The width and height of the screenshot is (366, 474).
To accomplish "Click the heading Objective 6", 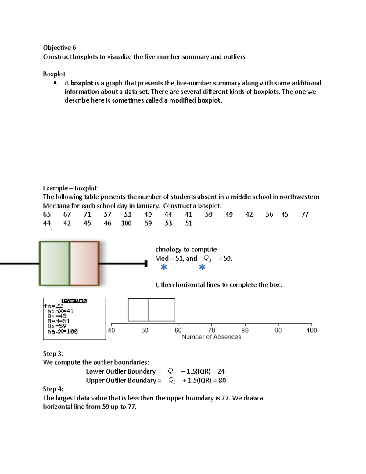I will (x=59, y=48).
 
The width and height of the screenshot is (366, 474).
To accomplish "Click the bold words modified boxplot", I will (x=195, y=100).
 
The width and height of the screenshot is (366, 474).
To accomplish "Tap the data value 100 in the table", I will (x=126, y=223).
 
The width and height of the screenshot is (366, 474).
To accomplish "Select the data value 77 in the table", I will (x=305, y=215).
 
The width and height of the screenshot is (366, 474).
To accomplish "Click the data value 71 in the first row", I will (x=87, y=215).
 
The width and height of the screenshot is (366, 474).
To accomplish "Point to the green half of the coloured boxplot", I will (x=55, y=263).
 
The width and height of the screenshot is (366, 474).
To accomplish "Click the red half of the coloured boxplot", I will (x=84, y=263).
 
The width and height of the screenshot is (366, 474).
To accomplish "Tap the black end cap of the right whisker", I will (x=146, y=264).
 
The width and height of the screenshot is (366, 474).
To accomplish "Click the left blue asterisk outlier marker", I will (x=164, y=267).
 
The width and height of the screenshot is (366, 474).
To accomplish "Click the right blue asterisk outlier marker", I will (x=202, y=267).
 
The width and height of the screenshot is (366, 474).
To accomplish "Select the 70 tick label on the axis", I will (x=211, y=330).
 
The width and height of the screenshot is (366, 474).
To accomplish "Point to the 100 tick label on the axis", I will (x=311, y=330).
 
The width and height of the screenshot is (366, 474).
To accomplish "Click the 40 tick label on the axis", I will (x=111, y=330).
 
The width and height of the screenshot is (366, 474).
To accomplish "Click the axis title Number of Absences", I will (x=211, y=337).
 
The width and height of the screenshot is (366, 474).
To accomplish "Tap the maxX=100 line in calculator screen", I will (x=63, y=331).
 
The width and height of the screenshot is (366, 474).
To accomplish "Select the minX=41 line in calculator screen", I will (x=60, y=311).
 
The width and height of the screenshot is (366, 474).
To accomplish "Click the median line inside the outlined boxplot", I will (x=148, y=310).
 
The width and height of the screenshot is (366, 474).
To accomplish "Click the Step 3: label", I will (x=53, y=354).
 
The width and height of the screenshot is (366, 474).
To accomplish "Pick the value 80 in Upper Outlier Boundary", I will (x=222, y=381).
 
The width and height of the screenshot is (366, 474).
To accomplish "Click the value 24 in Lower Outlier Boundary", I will (x=221, y=371).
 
